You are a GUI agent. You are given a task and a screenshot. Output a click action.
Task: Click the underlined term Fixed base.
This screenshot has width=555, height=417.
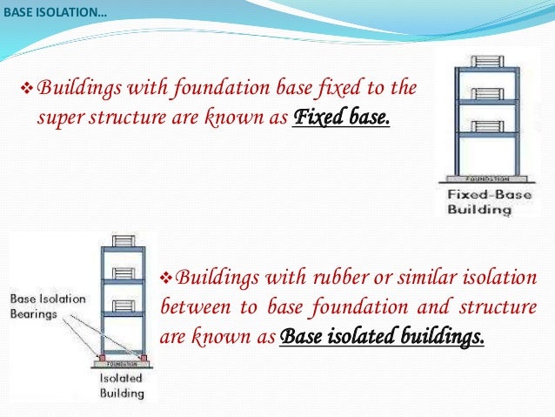coord(343,117)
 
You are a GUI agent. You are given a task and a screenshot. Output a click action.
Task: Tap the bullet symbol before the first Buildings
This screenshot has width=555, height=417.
coord(25,87)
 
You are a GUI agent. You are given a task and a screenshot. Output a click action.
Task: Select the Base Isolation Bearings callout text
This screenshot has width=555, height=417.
coord(48,306)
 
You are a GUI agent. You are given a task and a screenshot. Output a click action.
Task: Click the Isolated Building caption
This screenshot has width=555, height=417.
coord(121,386)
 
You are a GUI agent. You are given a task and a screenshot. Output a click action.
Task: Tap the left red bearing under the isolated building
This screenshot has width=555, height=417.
coord(102,358)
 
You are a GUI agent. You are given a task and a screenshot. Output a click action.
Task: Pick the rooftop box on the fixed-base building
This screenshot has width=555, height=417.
coord(482,63)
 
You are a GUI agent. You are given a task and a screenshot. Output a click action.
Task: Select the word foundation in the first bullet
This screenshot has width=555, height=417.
coord(211,87)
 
